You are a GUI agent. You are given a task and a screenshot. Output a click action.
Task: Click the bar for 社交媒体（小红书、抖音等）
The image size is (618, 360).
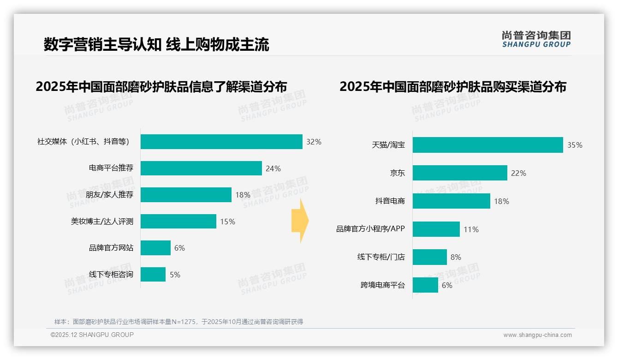tap(221, 142)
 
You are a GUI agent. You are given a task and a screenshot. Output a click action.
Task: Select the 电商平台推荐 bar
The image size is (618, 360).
tap(201, 168)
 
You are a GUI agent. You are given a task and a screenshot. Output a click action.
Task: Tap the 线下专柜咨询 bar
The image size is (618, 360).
tap(153, 275)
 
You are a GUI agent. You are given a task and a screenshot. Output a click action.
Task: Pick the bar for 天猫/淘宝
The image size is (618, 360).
tap(487, 145)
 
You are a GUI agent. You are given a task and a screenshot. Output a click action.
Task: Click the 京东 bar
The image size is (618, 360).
tap(460, 173)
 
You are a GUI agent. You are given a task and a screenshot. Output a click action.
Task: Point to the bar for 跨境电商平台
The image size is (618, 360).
tap(425, 285)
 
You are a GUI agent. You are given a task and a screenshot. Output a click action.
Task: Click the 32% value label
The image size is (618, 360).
tap(314, 142)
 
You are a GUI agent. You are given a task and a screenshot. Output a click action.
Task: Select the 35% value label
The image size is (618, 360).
tap(575, 145)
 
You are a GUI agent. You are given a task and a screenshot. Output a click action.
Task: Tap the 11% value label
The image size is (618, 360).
tap(471, 229)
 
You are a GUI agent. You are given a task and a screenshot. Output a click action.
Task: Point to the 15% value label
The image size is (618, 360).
tap(227, 222)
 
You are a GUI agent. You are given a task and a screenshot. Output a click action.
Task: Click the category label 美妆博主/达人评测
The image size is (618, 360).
tap(102, 222)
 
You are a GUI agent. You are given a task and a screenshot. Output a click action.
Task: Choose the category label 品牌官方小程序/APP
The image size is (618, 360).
tap(370, 229)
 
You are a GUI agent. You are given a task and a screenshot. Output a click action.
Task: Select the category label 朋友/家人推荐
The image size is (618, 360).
tap(109, 195)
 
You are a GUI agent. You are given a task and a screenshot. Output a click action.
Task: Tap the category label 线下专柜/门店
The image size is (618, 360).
tap(381, 257)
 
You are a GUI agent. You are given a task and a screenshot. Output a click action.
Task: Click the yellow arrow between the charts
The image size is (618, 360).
tap(300, 221)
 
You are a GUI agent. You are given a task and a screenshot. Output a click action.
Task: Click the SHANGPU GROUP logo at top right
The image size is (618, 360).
tap(536, 39)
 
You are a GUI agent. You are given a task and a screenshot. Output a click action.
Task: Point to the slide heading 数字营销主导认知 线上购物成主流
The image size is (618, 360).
tap(156, 45)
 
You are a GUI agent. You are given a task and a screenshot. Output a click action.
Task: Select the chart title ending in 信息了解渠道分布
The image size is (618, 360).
tap(161, 86)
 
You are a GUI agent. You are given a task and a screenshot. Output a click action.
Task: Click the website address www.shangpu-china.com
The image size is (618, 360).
tap(537, 335)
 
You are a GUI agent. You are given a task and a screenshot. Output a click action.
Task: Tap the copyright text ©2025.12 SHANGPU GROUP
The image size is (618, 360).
tap(92, 335)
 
